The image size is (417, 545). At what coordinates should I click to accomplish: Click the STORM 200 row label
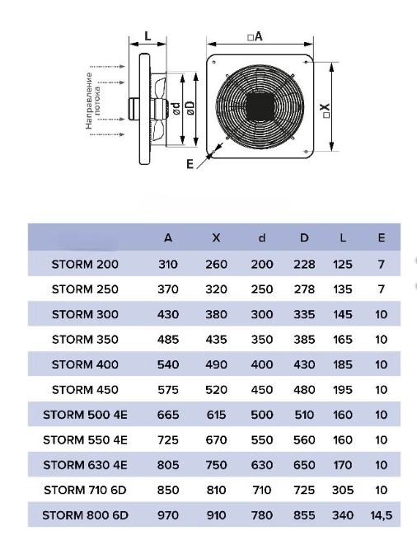click(x=85, y=264)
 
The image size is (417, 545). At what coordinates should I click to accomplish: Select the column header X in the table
click(x=216, y=237)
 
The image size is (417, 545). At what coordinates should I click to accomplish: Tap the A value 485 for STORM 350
click(x=168, y=339)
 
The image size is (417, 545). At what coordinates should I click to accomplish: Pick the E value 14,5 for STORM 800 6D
click(x=382, y=515)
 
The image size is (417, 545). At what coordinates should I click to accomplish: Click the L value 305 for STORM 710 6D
click(x=343, y=490)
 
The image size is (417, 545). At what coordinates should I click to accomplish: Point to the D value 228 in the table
click(x=304, y=264)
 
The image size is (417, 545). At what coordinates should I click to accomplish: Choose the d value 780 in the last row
click(x=262, y=515)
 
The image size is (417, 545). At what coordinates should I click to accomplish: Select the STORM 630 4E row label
click(x=85, y=465)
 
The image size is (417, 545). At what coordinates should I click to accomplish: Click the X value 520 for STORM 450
click(x=216, y=390)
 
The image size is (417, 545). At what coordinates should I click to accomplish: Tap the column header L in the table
click(x=343, y=237)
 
